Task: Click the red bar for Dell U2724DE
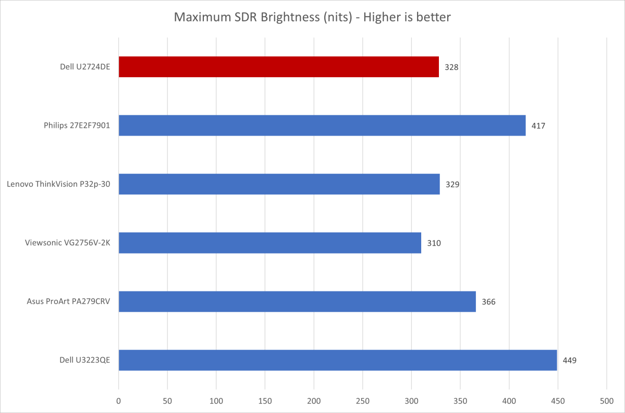(278, 67)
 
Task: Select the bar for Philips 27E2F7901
(322, 125)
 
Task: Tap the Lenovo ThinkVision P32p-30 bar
(279, 184)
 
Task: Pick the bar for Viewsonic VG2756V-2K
(269, 242)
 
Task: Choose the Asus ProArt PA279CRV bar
(297, 301)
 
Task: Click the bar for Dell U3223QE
(338, 360)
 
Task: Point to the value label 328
(451, 67)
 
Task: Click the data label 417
(538, 126)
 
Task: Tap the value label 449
(570, 360)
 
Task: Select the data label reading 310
(434, 243)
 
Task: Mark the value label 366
(488, 302)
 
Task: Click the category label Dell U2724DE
(84, 67)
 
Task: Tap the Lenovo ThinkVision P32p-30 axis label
(59, 184)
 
